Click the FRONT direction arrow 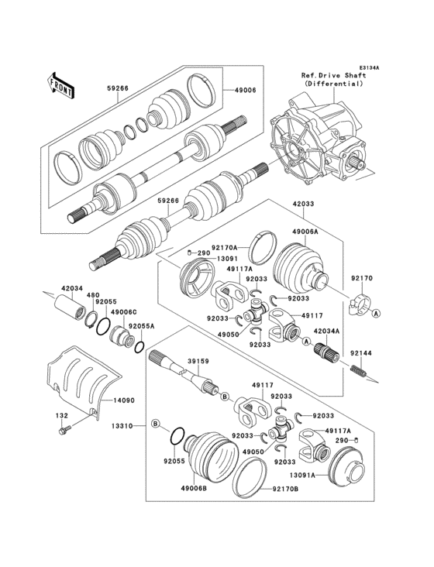61,84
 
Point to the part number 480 93,294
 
